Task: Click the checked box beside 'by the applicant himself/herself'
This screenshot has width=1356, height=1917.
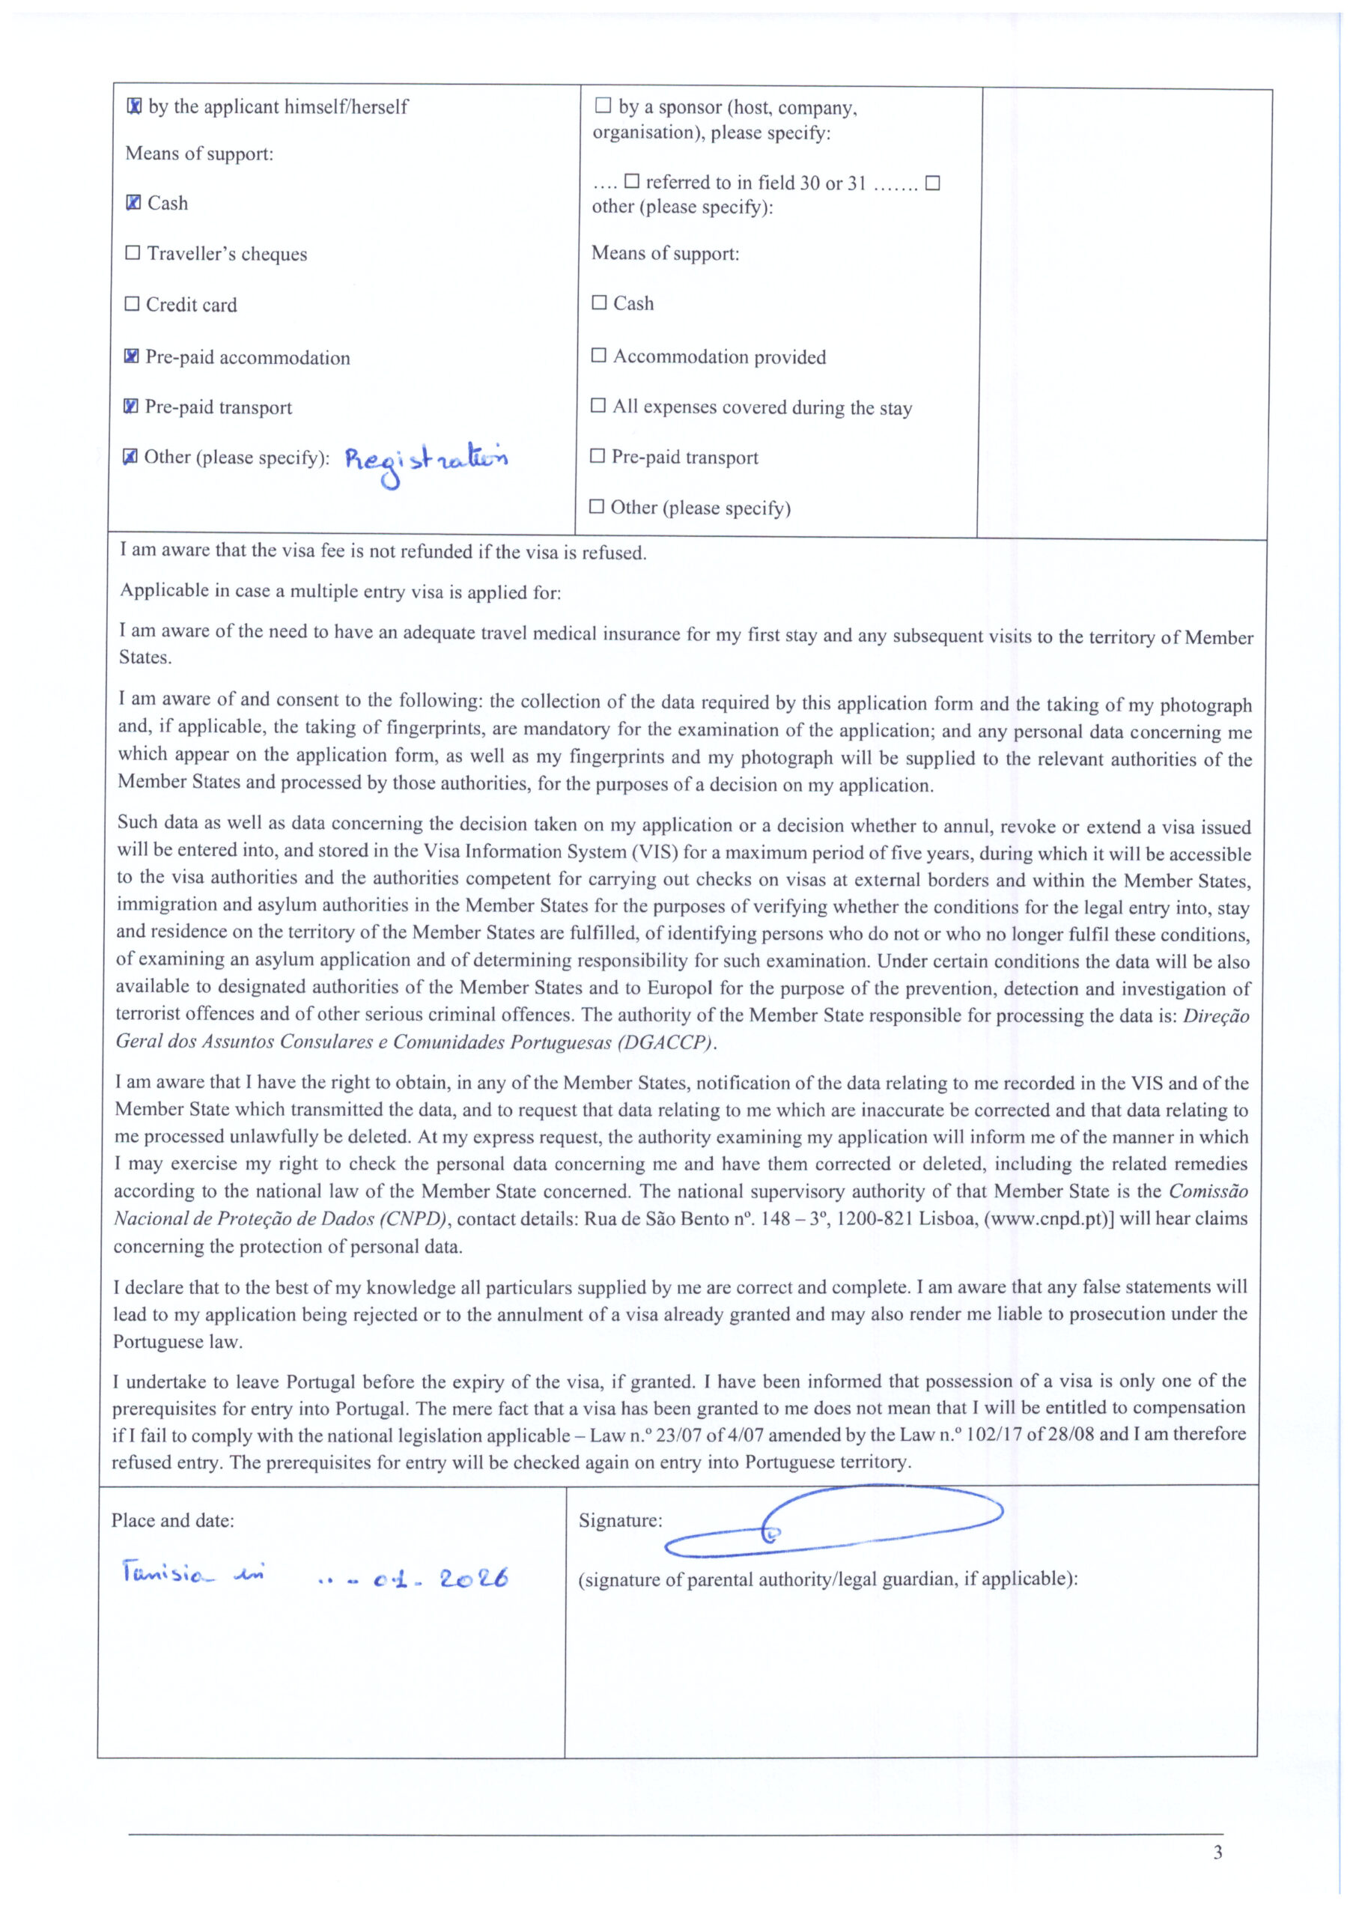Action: pos(133,107)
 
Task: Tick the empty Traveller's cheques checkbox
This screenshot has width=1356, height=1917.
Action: pos(132,253)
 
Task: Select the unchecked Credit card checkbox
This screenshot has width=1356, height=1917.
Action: pos(132,304)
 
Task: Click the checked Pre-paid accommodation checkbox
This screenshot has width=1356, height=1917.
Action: pos(131,356)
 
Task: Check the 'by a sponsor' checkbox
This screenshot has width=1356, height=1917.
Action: pos(603,106)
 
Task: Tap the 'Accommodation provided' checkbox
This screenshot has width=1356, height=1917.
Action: pos(599,356)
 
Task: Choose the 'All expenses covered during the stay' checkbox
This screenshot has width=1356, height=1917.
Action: pos(598,406)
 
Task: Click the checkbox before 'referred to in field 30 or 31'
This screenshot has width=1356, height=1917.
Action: pos(632,181)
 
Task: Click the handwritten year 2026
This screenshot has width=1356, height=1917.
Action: pos(473,1579)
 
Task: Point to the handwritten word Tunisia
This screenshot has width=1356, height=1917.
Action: pos(162,1575)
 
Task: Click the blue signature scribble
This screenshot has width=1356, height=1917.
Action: pos(835,1525)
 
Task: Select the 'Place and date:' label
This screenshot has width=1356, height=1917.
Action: pos(173,1520)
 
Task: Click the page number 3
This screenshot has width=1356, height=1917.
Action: pos(1217,1852)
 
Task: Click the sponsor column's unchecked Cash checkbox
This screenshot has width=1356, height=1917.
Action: pos(599,303)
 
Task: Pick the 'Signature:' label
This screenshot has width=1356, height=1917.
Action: pos(621,1520)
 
